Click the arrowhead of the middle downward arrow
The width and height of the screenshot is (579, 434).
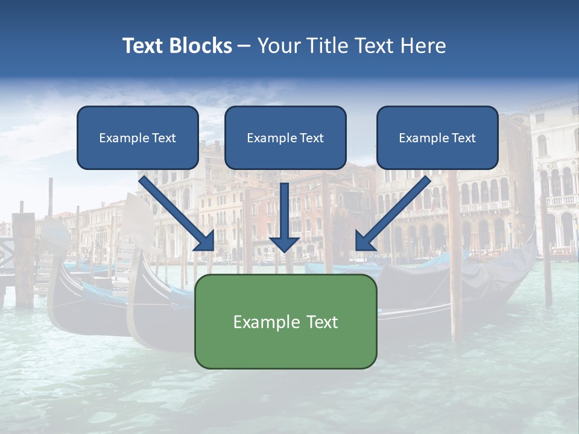284,244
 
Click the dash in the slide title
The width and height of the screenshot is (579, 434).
244,46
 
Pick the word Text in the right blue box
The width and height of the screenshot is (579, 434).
463,138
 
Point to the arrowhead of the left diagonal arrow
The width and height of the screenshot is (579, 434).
205,241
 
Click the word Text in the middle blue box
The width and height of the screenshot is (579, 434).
312,138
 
